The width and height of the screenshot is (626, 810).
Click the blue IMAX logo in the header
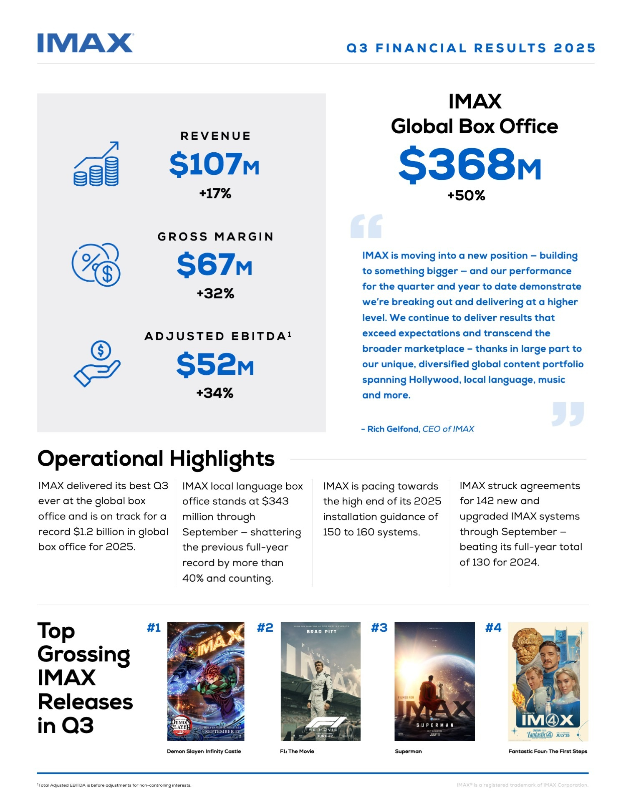[x=85, y=43]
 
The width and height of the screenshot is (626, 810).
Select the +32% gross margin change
[x=215, y=293]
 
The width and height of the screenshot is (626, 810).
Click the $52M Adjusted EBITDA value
[x=215, y=365]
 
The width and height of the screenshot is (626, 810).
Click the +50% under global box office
[x=466, y=195]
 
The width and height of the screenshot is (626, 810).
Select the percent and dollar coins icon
[x=96, y=264]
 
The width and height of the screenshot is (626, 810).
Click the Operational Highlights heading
[x=156, y=459]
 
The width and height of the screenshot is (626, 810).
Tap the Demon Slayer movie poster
[x=206, y=681]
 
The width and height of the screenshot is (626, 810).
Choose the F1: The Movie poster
[x=321, y=681]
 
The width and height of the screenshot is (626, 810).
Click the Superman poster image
[x=434, y=681]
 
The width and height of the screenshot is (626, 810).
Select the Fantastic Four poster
[x=548, y=681]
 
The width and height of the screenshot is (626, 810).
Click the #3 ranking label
[x=379, y=628]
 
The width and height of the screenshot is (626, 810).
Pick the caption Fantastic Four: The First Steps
[x=548, y=751]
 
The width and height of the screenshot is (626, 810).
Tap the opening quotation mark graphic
[x=366, y=226]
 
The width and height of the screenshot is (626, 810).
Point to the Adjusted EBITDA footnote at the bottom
[x=114, y=785]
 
